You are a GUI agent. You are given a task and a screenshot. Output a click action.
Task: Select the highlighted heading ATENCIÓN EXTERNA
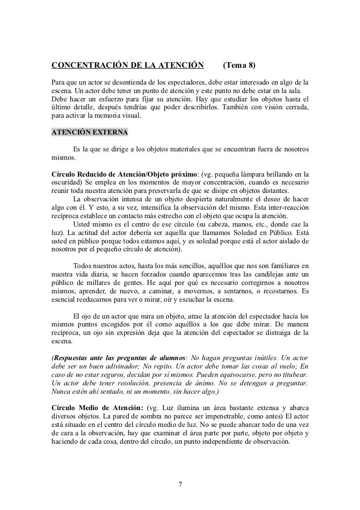click(x=89, y=133)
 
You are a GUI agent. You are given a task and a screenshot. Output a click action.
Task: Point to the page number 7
click(x=180, y=484)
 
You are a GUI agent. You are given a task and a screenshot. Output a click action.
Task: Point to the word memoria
click(x=104, y=117)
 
